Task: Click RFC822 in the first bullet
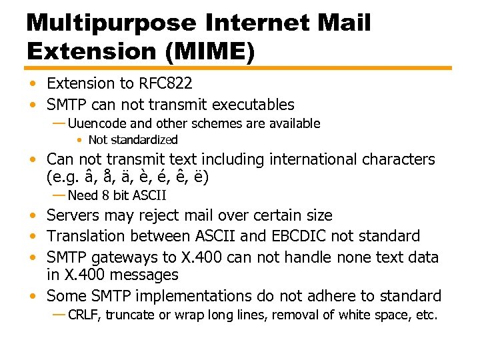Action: (x=165, y=83)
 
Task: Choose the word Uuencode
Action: (x=99, y=123)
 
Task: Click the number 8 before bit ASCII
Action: (x=105, y=195)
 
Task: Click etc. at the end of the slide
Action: (x=427, y=315)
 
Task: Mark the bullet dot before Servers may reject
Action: (x=33, y=216)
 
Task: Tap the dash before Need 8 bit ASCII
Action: (x=59, y=195)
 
